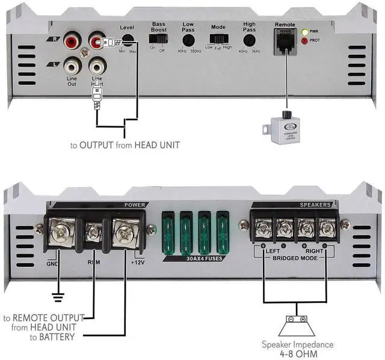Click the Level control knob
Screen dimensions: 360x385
[x=128, y=40]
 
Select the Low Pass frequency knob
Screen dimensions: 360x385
[x=188, y=40]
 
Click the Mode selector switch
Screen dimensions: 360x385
[x=218, y=39]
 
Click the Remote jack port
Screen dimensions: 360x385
[x=284, y=41]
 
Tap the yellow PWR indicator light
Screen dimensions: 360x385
[x=306, y=32]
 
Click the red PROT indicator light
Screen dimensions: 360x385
[x=306, y=41]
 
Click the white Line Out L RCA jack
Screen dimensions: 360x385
[x=72, y=62]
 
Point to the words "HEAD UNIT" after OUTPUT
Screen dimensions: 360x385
[x=158, y=145]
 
